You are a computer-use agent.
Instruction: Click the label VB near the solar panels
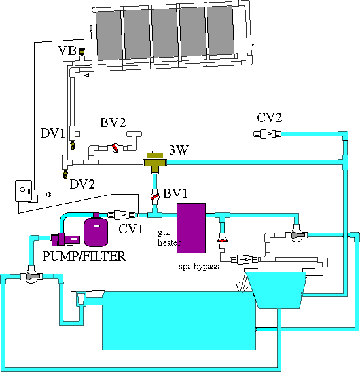(66, 50)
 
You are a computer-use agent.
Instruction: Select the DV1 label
(52, 134)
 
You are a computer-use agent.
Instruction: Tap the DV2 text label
(82, 185)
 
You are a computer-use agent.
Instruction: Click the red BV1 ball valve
(156, 196)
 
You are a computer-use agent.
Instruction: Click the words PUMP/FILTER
(84, 257)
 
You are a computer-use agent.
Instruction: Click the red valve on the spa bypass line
(223, 241)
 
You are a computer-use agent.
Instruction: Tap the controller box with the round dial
(24, 191)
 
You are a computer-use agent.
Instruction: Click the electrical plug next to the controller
(48, 195)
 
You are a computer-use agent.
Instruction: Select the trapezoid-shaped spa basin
(279, 289)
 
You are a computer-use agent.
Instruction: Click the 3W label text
(179, 150)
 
